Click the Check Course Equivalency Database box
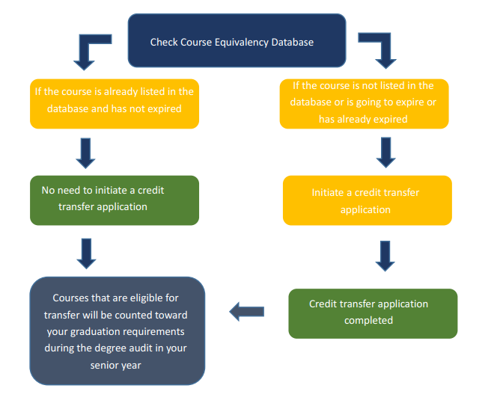tap(237, 41)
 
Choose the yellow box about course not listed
tap(364, 103)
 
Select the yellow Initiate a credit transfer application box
tap(367, 200)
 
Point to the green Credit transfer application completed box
tap(372, 313)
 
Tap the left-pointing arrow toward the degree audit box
tap(246, 311)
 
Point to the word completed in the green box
tap(368, 321)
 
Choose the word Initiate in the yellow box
tap(329, 192)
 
